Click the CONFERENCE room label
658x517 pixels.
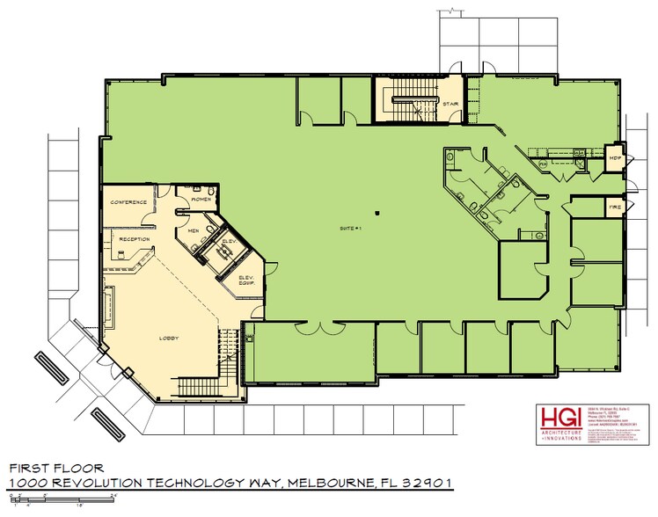point(128,202)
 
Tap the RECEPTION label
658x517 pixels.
point(134,238)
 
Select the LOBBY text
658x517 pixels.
point(169,338)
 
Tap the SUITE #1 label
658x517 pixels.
point(350,229)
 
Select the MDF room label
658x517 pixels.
point(616,158)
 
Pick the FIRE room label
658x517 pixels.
point(616,208)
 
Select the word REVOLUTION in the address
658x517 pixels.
point(95,483)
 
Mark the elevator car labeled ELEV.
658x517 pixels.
point(227,246)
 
